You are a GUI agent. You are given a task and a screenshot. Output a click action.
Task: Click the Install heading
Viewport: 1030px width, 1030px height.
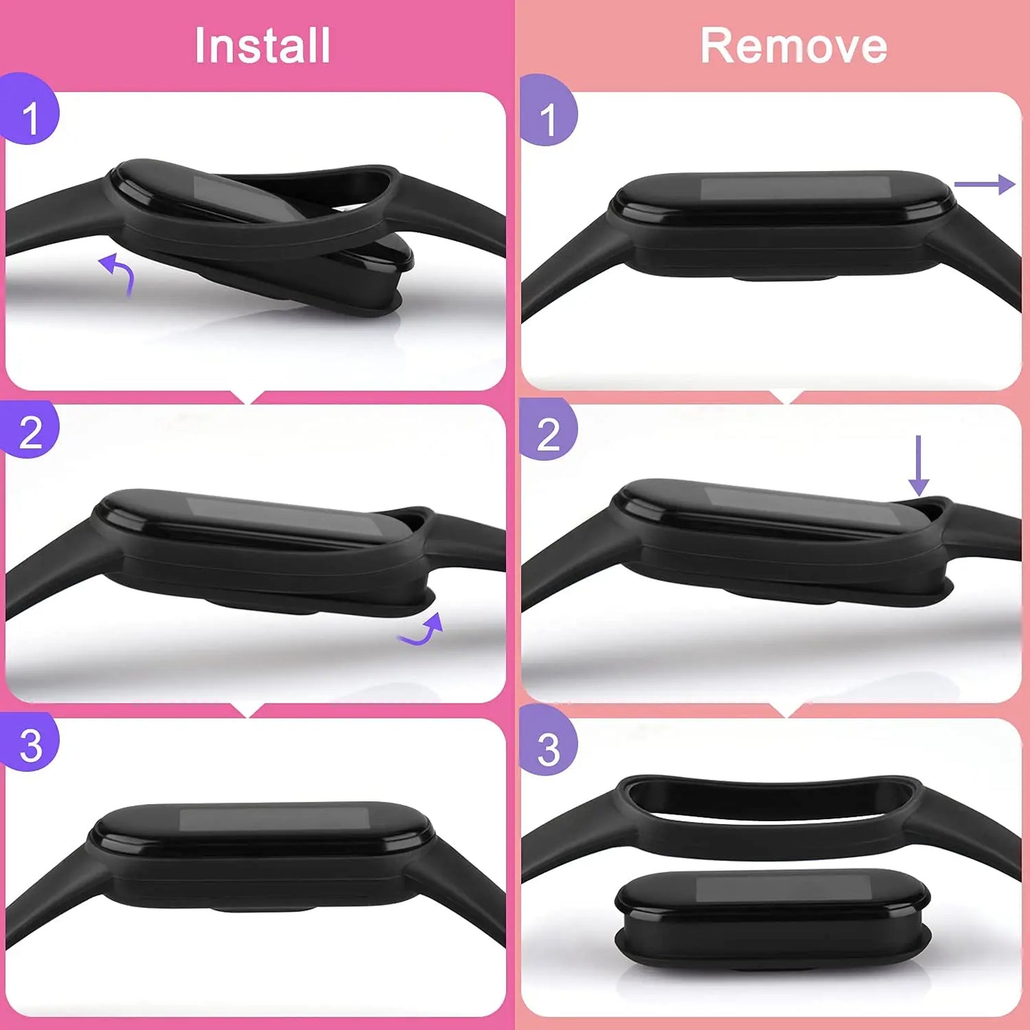click(x=262, y=46)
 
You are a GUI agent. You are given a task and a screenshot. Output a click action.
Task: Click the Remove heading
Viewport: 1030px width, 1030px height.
click(x=793, y=46)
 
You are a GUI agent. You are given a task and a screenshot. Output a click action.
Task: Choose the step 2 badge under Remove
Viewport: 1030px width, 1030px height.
click(x=547, y=432)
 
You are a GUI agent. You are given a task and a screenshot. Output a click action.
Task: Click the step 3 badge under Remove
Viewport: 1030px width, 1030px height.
click(x=547, y=748)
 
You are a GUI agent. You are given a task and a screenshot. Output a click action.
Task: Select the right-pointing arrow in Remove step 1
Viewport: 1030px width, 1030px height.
click(x=984, y=185)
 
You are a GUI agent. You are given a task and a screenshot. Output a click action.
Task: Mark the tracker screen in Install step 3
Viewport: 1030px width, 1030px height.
click(x=274, y=819)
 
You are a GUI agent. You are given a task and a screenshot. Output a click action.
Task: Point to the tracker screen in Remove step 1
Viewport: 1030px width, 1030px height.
click(x=795, y=188)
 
